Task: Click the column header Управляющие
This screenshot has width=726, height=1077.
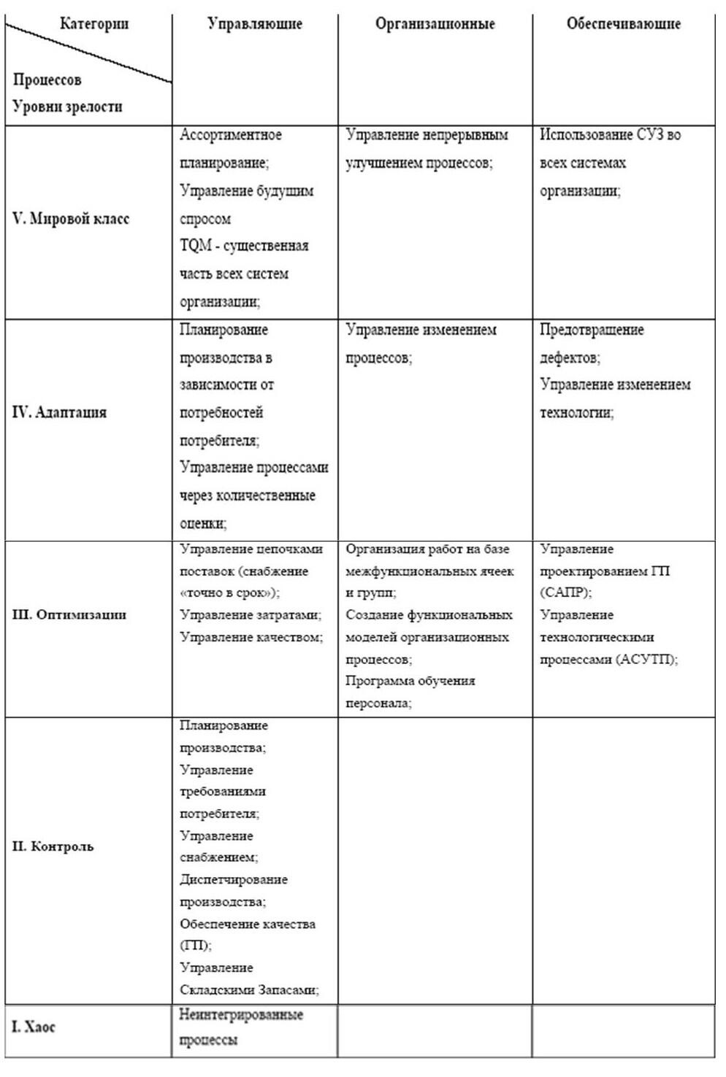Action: [254, 24]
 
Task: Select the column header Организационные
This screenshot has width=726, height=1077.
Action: [435, 24]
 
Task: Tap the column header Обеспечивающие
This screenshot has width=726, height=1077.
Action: [623, 24]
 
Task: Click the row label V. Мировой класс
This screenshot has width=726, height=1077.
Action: [71, 219]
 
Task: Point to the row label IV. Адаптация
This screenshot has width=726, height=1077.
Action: [59, 412]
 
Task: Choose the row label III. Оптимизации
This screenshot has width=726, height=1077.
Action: [69, 614]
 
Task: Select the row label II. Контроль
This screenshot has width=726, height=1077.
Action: [53, 847]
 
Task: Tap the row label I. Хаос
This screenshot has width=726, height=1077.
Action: [34, 1027]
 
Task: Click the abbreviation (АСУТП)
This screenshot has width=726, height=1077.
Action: [646, 660]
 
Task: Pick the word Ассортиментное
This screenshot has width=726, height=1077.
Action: [231, 135]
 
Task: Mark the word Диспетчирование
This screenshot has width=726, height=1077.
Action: [234, 880]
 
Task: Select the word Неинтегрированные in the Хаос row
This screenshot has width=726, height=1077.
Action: [241, 1015]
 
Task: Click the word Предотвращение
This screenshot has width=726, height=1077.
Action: [592, 330]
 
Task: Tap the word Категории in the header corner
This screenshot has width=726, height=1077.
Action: [94, 24]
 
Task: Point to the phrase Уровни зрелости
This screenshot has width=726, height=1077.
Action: [67, 107]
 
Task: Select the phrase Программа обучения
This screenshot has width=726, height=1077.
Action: [410, 681]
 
